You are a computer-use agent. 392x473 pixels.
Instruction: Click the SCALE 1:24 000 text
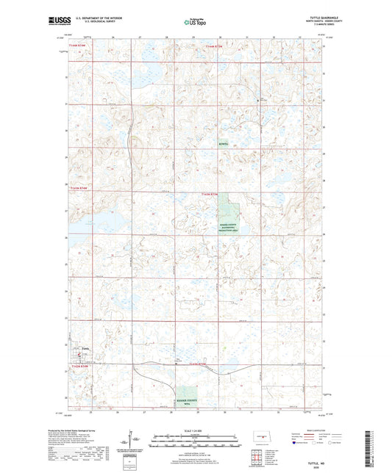tap(196, 430)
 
